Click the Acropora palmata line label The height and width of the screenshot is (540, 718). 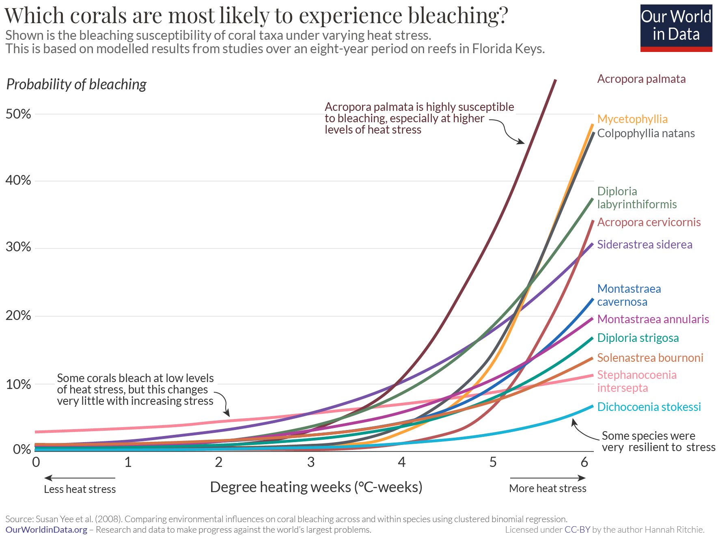coord(641,79)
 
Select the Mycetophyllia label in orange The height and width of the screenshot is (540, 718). coord(632,119)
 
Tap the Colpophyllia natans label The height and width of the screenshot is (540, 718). coord(646,133)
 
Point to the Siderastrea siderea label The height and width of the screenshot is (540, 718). coord(645,244)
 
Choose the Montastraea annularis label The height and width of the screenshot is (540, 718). coord(653,319)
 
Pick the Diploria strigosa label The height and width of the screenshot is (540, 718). coord(638,338)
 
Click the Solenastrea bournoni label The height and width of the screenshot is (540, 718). coord(650,358)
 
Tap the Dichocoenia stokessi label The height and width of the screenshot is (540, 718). coord(649,407)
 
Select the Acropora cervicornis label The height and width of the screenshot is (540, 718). coord(649,222)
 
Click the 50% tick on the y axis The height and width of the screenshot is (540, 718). coord(18,114)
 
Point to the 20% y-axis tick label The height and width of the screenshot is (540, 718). coord(18,315)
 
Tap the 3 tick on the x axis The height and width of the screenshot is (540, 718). coord(310,462)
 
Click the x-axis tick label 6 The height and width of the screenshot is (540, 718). coord(584,462)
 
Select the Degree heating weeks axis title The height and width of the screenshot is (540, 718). coord(316,487)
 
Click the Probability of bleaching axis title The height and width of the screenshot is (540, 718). coord(76,84)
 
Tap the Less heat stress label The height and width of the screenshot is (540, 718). coord(80,489)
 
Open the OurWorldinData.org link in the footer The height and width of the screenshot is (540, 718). coord(46,530)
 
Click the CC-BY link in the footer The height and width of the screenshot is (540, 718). coord(577,530)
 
